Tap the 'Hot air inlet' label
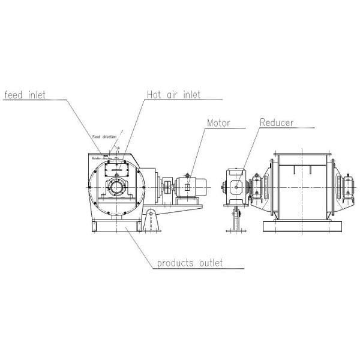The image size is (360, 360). click(174, 95)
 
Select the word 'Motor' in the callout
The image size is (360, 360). click(218, 123)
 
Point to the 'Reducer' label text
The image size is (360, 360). click(277, 123)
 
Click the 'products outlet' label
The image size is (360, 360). click(190, 263)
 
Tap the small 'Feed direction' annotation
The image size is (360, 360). click(104, 137)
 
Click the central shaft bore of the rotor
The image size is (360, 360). click(116, 192)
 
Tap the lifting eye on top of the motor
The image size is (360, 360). click(188, 175)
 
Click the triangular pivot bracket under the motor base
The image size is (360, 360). click(152, 216)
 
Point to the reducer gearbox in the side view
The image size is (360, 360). click(236, 187)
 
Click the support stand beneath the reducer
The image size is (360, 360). click(236, 221)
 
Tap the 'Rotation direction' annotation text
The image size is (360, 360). click(106, 158)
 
